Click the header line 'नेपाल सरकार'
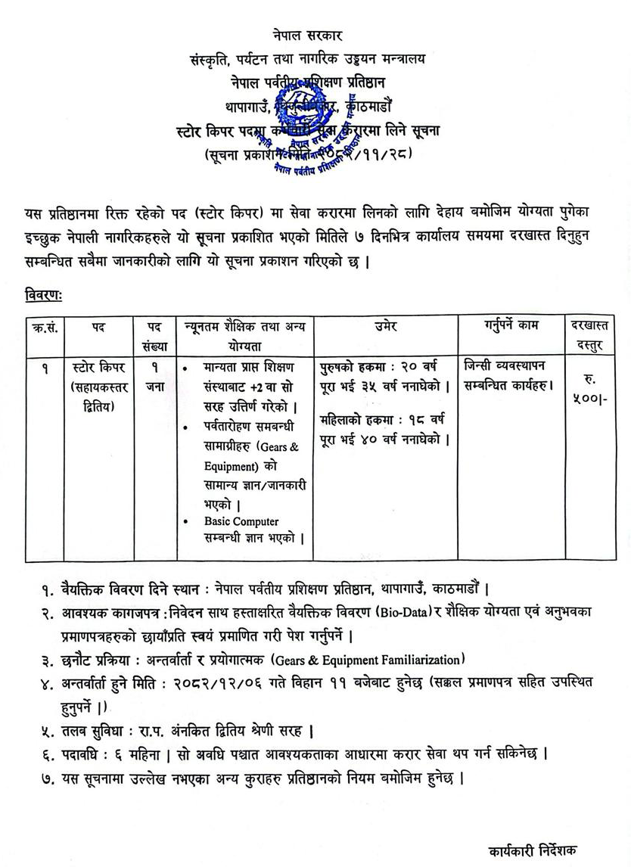click(309, 36)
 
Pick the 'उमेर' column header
click(385, 327)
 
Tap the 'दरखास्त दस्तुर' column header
click(594, 335)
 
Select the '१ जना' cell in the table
click(154, 375)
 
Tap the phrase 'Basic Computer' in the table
click(241, 521)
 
